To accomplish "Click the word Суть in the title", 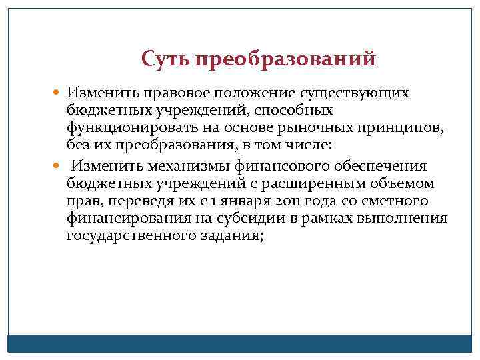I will pyautogui.click(x=165, y=59).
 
